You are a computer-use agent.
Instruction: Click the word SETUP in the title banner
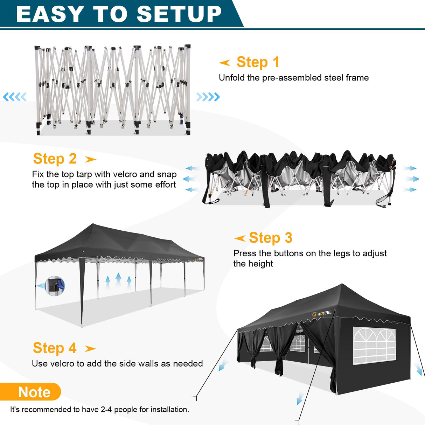point(179,14)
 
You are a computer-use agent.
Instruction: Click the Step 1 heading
point(258,62)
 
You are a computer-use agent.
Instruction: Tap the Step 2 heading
point(55,159)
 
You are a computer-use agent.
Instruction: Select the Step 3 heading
point(270,238)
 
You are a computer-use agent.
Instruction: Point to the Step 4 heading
point(55,348)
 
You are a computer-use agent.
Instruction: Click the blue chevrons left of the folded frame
point(15,97)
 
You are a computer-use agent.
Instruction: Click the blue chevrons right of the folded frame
point(208,97)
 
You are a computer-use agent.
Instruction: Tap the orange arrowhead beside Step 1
point(224,63)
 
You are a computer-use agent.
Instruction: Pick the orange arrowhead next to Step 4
point(90,349)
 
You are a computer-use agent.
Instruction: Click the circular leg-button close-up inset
point(55,286)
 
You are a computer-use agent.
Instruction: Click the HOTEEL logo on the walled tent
point(322,314)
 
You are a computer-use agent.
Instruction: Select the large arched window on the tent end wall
point(374,346)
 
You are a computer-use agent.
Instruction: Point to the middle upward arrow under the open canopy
point(118,280)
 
